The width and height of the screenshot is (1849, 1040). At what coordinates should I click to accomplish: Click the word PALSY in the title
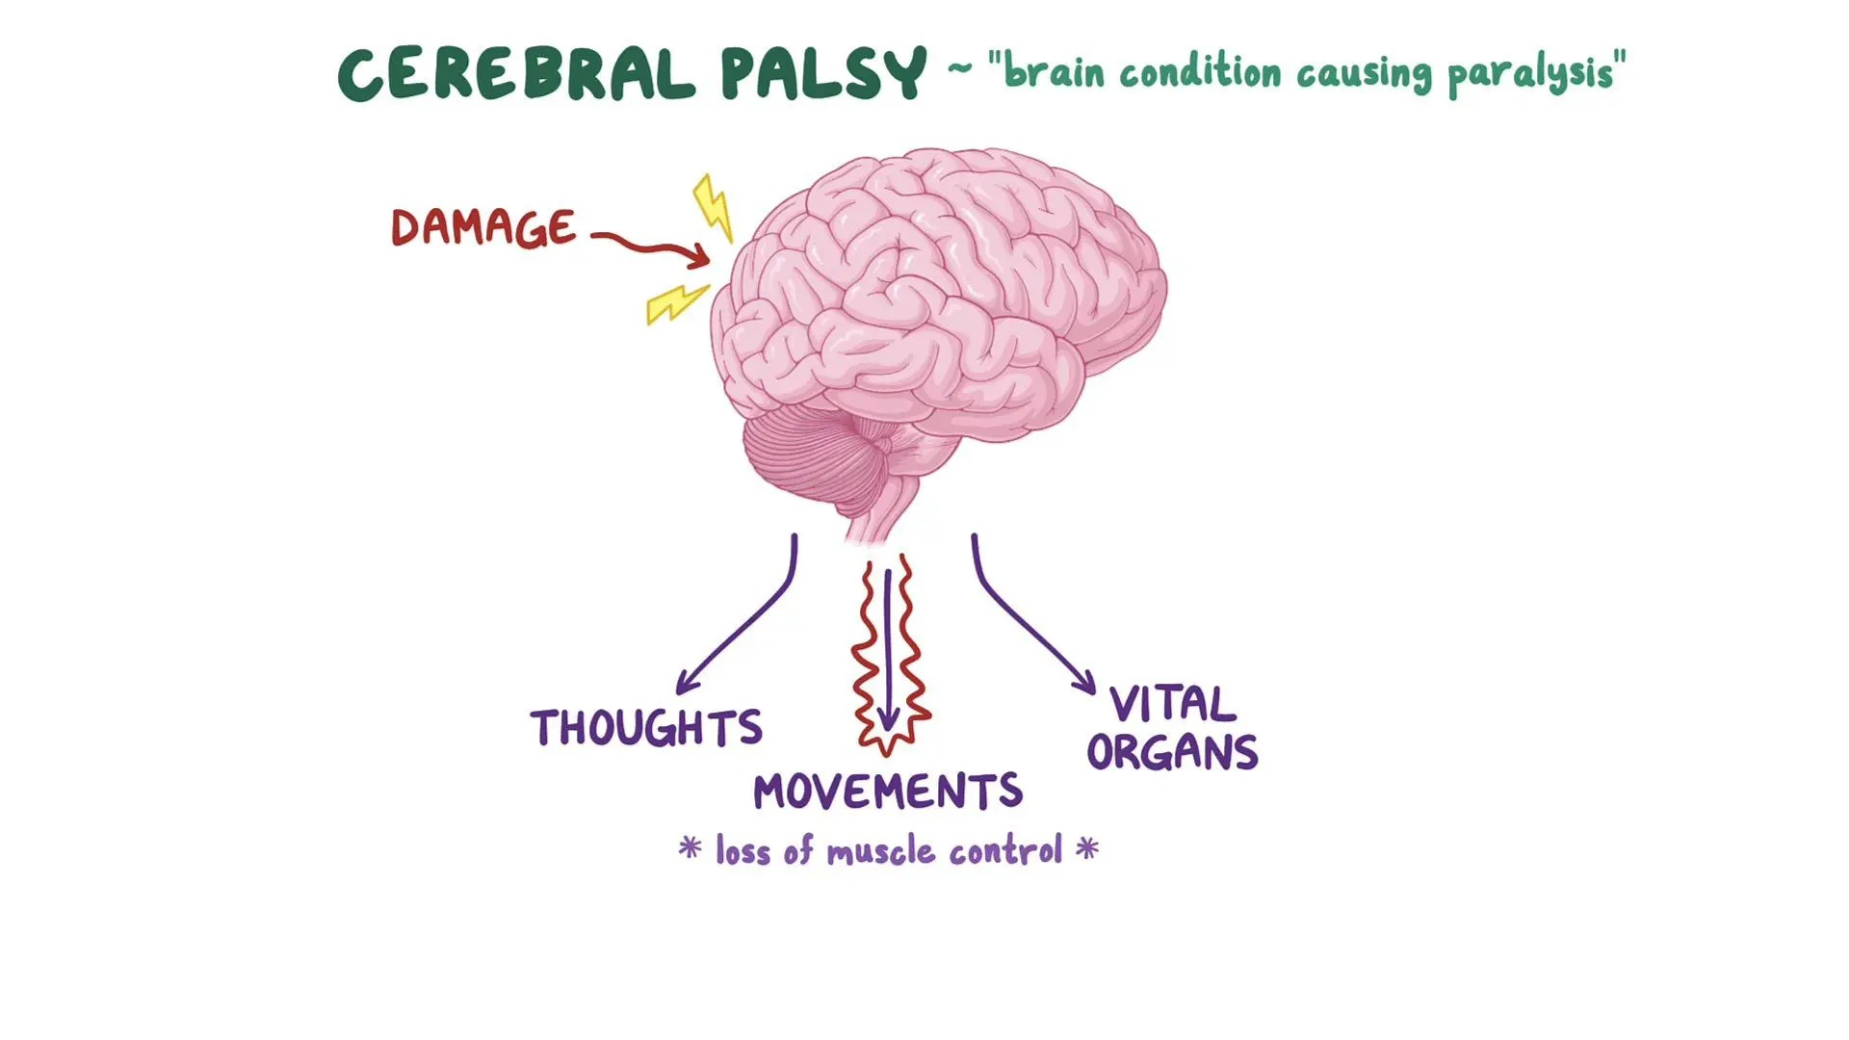tap(823, 74)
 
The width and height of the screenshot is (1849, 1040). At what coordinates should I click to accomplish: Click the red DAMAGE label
tap(483, 228)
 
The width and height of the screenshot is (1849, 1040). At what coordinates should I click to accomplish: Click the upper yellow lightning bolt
tap(713, 207)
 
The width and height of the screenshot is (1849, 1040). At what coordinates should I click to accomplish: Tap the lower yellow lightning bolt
tap(676, 303)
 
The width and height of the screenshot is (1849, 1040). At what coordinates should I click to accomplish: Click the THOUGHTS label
tap(646, 728)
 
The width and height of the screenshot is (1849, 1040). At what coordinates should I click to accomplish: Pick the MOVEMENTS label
tap(887, 793)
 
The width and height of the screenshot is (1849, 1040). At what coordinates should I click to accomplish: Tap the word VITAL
tap(1172, 704)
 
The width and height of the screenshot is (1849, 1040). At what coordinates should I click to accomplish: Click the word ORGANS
tap(1172, 752)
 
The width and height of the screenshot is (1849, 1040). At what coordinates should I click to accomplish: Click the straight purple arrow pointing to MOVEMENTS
tap(888, 645)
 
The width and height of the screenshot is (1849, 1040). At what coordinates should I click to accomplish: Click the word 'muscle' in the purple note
tap(880, 851)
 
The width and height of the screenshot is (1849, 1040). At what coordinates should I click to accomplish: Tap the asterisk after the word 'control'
tap(1087, 848)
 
